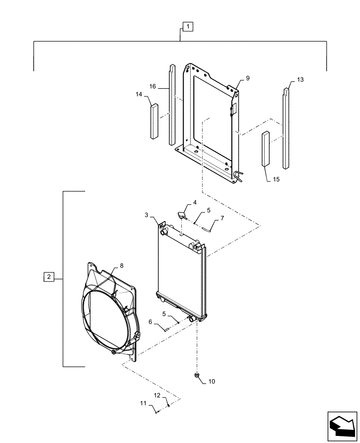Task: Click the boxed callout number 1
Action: point(188,27)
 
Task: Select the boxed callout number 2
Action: point(49,277)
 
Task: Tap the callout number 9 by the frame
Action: point(247,78)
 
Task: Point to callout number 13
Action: point(300,80)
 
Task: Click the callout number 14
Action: point(139,94)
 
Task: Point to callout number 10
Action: point(211,381)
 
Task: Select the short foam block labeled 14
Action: point(154,121)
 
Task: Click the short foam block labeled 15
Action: point(266,148)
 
